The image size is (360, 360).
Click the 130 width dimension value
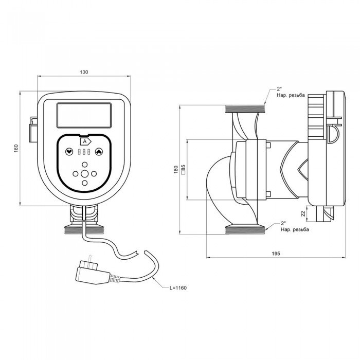[x=83, y=72]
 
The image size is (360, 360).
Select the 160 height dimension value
[x=16, y=148]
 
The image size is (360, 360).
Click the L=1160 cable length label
[x=176, y=287]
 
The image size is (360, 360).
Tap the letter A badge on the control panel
[x=84, y=140]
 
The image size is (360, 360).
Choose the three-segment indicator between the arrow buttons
[x=84, y=152]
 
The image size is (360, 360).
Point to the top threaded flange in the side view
[x=244, y=110]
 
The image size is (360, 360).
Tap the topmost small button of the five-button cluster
[x=84, y=165]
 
